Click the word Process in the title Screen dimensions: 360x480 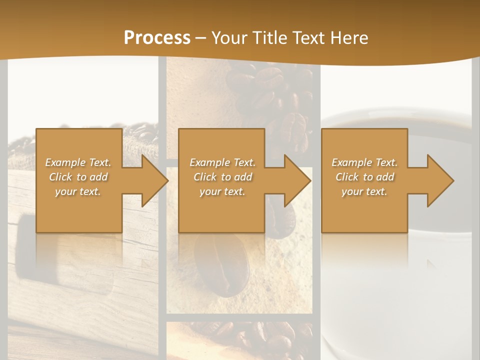[x=157, y=38]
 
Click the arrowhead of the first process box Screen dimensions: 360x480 [x=153, y=180]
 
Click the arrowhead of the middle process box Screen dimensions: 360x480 [x=295, y=180]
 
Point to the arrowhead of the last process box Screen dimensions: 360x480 [x=438, y=180]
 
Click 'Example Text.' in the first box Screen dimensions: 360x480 [x=78, y=162]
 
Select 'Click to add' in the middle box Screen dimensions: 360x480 [x=223, y=177]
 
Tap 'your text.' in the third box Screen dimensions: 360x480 [x=364, y=191]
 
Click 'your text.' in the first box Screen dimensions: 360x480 [x=78, y=191]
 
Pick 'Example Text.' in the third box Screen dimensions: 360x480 [x=364, y=162]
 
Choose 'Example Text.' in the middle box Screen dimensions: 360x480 [x=223, y=162]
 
